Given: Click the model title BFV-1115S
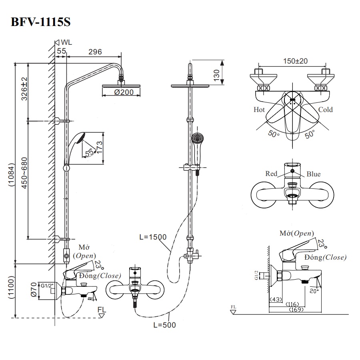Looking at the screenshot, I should point(40,22).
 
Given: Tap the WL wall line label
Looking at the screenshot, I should point(66,42).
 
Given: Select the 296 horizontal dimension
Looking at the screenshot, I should point(95,52).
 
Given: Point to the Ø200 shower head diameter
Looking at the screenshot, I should point(121,92).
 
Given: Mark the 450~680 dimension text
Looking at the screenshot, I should point(24,179).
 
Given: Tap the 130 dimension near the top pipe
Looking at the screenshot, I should point(216,74).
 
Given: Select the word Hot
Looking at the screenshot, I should point(259,110).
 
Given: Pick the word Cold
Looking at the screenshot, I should point(325,110).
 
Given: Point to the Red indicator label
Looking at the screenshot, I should point(272,174).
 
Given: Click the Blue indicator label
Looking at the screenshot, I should point(313,174).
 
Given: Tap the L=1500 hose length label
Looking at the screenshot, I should point(153,237).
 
